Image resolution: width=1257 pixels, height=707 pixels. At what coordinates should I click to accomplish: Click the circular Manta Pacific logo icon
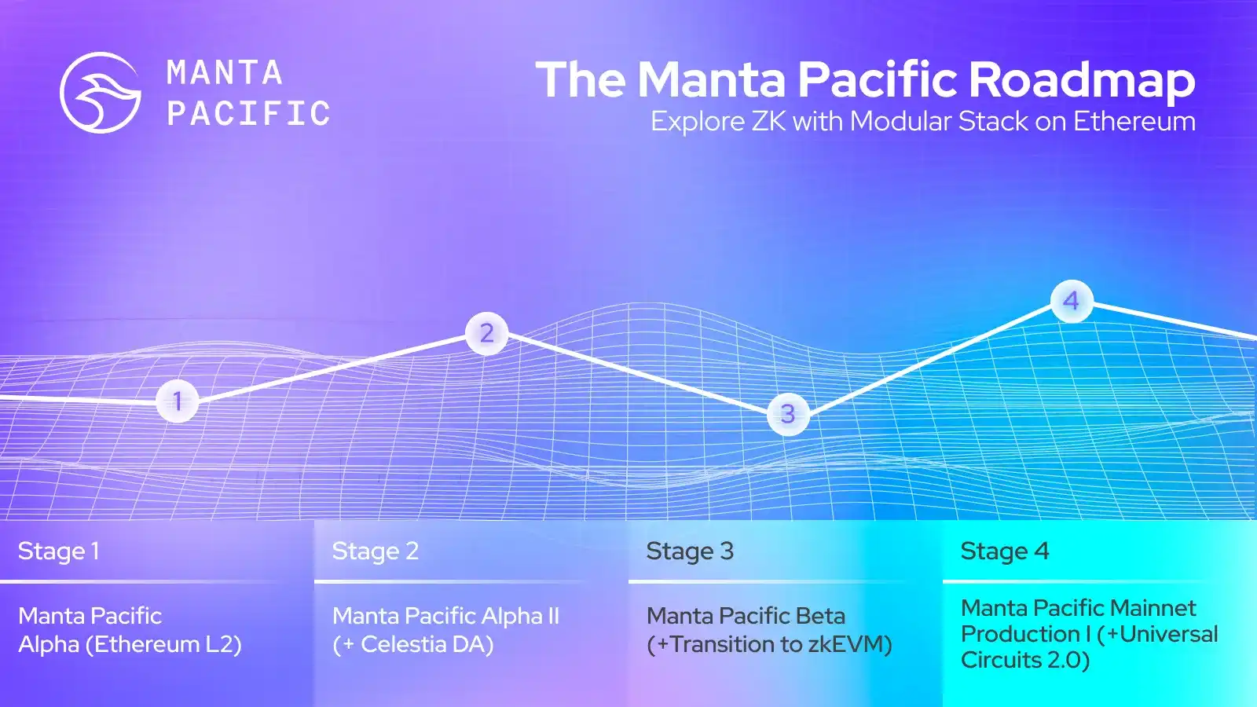pyautogui.click(x=101, y=93)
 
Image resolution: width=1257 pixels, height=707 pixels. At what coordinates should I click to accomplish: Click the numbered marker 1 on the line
pyautogui.click(x=178, y=401)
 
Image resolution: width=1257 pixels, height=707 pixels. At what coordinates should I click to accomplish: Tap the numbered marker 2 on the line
pyautogui.click(x=486, y=333)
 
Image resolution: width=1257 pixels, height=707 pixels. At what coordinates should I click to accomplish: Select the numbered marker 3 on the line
pyautogui.click(x=788, y=415)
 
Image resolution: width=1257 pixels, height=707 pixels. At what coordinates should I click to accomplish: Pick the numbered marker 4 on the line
pyautogui.click(x=1072, y=302)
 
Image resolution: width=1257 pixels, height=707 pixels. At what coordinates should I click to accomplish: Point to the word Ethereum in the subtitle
pyautogui.click(x=1134, y=121)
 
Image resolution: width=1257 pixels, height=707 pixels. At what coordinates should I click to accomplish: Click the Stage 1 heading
pyautogui.click(x=59, y=551)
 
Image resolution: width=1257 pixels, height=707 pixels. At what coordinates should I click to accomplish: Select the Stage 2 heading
pyautogui.click(x=376, y=551)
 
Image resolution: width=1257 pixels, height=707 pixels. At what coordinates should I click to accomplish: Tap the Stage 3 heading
pyautogui.click(x=691, y=551)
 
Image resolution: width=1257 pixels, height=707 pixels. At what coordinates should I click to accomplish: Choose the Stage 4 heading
pyautogui.click(x=1005, y=551)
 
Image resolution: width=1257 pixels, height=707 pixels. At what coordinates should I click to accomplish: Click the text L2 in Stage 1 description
pyautogui.click(x=218, y=644)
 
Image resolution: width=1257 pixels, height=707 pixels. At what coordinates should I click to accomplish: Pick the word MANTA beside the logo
pyautogui.click(x=225, y=73)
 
